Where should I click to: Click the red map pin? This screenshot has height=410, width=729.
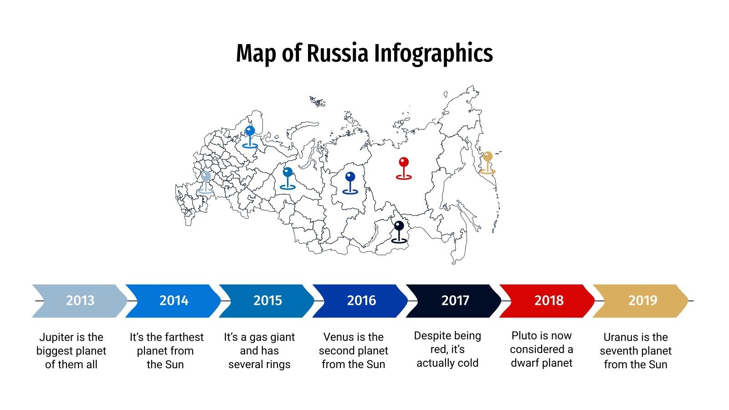(x=404, y=167)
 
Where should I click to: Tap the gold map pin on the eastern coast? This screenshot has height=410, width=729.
(x=488, y=162)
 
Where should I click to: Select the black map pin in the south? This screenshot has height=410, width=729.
(x=399, y=231)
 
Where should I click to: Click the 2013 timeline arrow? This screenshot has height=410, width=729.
(x=80, y=301)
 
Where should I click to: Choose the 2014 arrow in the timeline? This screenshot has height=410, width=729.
(x=174, y=301)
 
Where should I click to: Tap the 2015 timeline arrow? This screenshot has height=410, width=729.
(x=267, y=301)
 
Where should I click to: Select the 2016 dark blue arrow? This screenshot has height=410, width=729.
(x=361, y=301)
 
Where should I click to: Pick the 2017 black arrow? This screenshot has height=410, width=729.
(x=455, y=301)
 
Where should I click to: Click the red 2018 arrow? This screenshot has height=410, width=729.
(x=549, y=301)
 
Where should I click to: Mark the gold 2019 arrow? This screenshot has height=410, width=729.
(x=642, y=301)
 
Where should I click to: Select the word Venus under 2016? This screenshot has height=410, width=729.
(x=338, y=337)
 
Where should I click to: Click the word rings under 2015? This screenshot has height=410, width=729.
(x=277, y=365)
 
